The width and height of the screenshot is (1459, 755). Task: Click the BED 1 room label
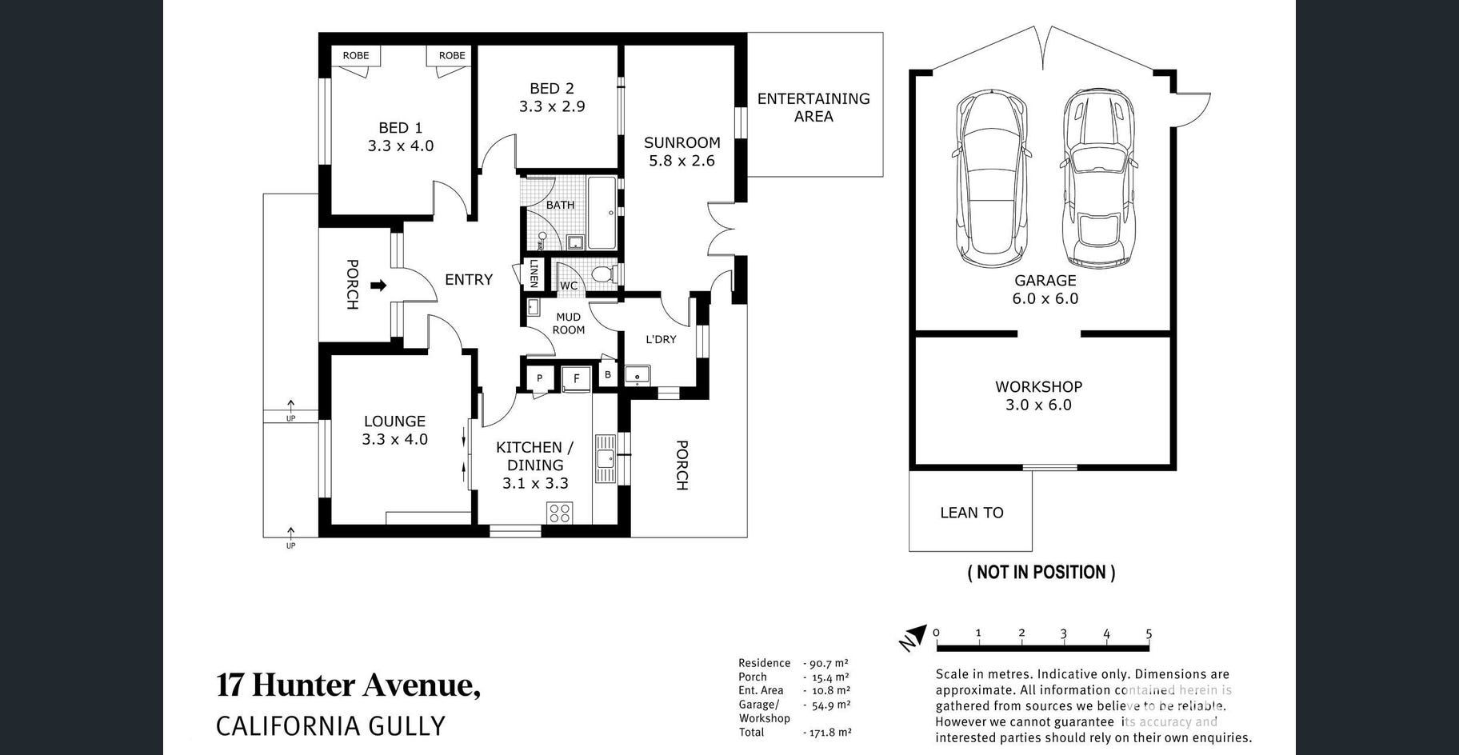(x=400, y=128)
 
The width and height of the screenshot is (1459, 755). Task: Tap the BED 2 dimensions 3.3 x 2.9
(x=552, y=106)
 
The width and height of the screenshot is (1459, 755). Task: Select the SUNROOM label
(x=682, y=142)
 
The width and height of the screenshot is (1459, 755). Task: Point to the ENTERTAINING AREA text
(x=813, y=107)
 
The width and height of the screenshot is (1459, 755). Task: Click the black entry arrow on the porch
(x=379, y=286)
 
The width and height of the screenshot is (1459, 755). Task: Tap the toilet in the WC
(x=605, y=275)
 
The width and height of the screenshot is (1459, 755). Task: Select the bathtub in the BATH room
(x=602, y=214)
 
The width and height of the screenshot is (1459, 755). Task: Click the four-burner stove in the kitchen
(x=559, y=513)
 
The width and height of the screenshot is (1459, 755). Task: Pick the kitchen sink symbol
(x=605, y=458)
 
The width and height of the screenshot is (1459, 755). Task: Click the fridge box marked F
(x=576, y=378)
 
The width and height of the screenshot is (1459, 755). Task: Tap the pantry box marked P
(x=540, y=378)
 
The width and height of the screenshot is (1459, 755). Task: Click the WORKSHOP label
(x=1038, y=386)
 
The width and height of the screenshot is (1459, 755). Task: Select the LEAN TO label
(x=971, y=513)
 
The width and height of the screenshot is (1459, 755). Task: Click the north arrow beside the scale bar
(x=914, y=637)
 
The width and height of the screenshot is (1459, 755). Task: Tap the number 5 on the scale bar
(x=1149, y=633)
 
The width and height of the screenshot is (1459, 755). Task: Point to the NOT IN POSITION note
(x=1041, y=572)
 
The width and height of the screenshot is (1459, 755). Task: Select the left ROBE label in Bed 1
(x=356, y=55)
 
